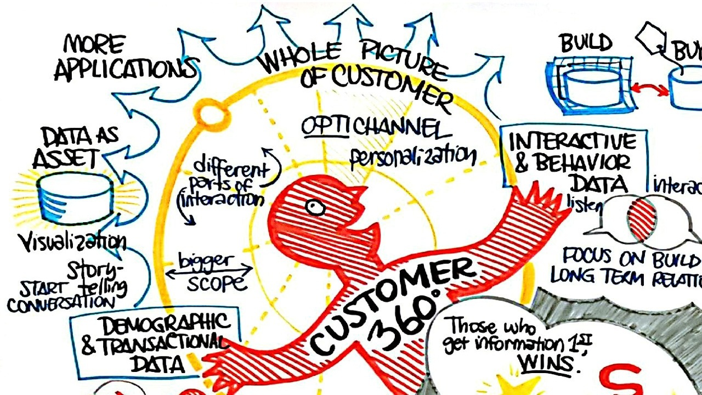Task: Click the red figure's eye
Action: [x=315, y=207]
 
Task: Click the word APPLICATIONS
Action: [x=125, y=69]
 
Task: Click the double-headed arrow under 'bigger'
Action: [x=209, y=270]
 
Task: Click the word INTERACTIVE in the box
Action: [x=573, y=142]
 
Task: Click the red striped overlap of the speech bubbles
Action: [x=642, y=219]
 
